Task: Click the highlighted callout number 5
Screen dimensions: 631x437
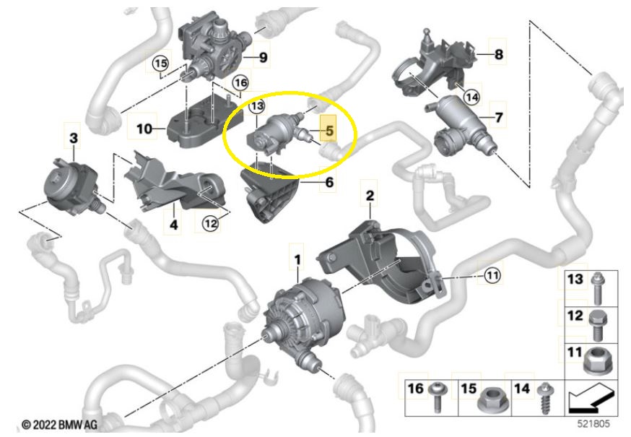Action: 329,131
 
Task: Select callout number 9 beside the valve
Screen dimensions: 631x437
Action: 263,57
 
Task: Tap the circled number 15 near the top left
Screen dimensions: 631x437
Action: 160,64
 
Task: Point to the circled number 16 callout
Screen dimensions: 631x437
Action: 240,83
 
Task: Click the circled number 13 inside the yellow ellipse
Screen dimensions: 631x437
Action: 257,106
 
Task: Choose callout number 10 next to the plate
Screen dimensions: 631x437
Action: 144,129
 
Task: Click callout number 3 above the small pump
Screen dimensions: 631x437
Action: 73,138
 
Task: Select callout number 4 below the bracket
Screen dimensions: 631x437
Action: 173,225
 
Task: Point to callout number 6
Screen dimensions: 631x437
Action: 329,182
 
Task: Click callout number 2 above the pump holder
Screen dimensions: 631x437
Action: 370,196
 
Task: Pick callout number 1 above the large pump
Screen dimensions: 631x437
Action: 297,260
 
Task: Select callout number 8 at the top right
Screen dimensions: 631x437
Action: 499,54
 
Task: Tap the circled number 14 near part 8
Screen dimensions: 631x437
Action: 471,97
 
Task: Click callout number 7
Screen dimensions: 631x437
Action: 499,117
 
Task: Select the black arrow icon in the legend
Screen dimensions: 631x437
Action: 591,399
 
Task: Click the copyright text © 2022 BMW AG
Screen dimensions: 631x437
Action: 59,425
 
